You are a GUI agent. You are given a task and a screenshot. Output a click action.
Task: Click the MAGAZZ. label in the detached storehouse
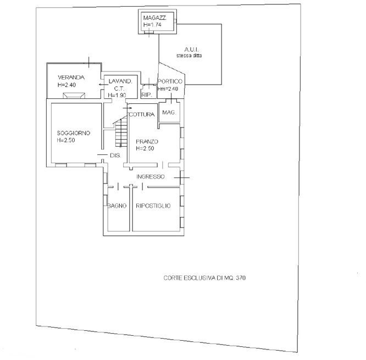(155, 18)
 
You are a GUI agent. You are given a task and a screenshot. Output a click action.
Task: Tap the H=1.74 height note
(152, 25)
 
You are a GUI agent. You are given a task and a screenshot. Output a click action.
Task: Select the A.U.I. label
(191, 49)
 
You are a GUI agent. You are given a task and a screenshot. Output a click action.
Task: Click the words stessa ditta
(189, 56)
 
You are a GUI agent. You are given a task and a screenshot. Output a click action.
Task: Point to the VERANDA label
(71, 77)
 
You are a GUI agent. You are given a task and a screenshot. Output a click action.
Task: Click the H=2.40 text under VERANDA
(66, 85)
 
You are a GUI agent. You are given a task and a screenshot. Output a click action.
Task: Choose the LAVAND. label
(120, 81)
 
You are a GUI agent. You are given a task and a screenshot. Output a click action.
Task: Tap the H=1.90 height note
(117, 95)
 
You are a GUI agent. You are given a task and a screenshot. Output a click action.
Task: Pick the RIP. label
(147, 95)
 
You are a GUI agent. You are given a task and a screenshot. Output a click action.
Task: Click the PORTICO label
(170, 81)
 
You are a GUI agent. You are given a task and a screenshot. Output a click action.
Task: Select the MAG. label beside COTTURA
(169, 112)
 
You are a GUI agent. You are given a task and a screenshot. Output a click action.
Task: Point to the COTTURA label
(142, 114)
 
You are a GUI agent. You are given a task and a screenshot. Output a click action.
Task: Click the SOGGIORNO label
(74, 133)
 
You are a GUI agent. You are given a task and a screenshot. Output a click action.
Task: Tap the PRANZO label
(147, 141)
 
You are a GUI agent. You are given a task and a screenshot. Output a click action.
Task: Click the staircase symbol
(121, 132)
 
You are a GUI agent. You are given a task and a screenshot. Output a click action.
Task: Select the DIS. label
(115, 155)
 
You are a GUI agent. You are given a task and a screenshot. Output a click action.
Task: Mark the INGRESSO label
(151, 177)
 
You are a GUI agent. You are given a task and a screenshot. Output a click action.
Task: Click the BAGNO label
(117, 206)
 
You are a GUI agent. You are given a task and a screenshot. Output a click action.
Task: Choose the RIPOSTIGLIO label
(153, 206)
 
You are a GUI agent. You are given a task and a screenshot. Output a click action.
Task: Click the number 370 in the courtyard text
(241, 278)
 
